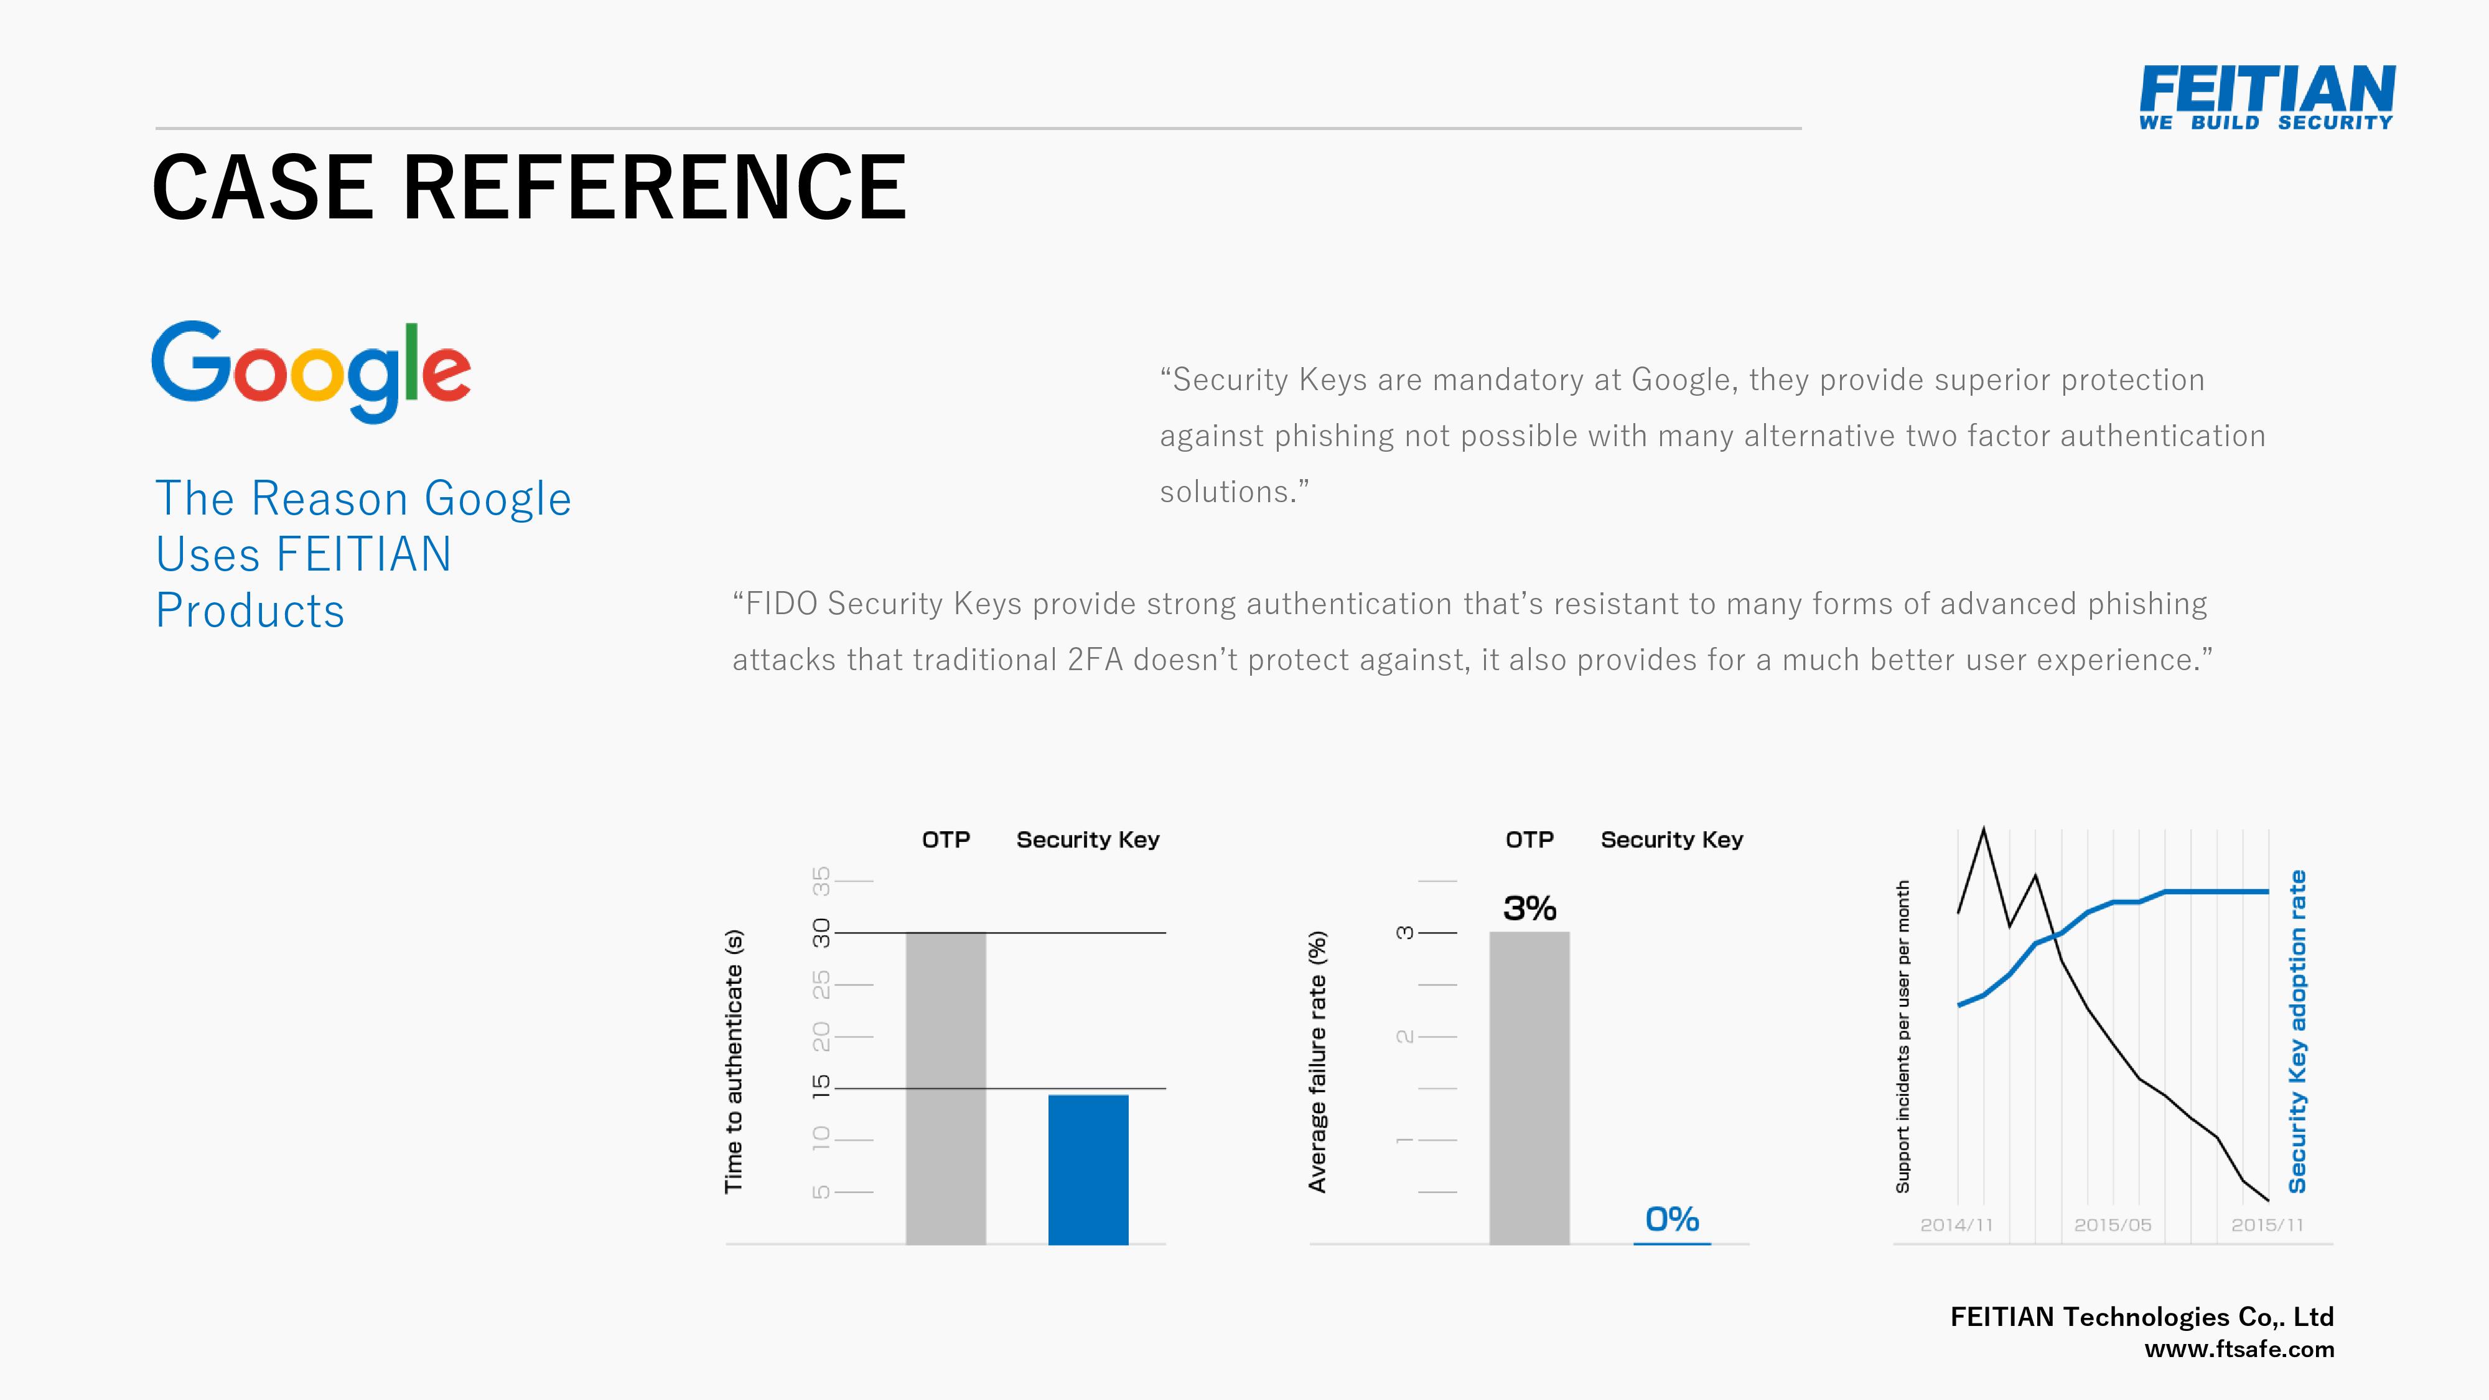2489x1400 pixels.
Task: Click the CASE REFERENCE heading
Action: [x=530, y=187]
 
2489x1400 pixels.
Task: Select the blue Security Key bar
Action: [x=1088, y=1169]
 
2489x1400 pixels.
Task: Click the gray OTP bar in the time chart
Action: [x=946, y=1088]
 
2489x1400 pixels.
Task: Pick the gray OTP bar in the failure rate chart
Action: [x=1529, y=1088]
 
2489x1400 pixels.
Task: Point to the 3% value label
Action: [x=1529, y=908]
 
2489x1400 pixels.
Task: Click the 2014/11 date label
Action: [x=1956, y=1225]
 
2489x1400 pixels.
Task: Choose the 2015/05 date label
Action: [x=2113, y=1225]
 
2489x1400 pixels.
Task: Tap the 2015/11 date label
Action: [x=2267, y=1225]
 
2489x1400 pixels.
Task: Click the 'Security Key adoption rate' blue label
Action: [x=2298, y=1032]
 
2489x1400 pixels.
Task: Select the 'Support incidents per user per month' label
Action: [x=1902, y=1037]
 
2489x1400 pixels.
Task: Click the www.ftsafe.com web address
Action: [x=2239, y=1350]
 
